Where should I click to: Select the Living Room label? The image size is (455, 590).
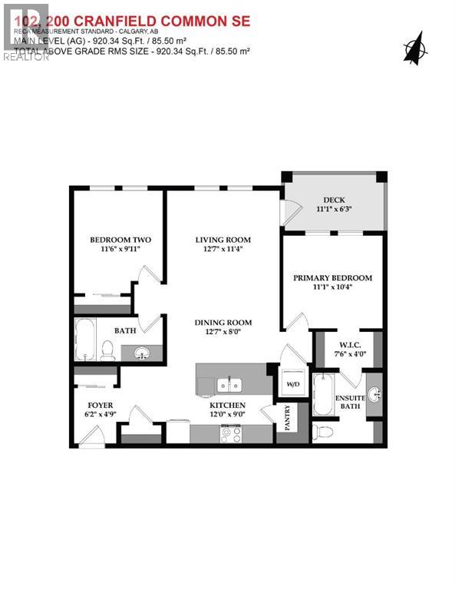[223, 240]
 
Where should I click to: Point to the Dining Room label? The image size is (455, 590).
[223, 323]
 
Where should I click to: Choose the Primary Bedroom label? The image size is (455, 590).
[333, 278]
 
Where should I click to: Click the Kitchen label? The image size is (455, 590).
[228, 405]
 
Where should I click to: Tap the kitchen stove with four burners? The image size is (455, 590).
[231, 433]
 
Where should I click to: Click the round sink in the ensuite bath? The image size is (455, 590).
[374, 395]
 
